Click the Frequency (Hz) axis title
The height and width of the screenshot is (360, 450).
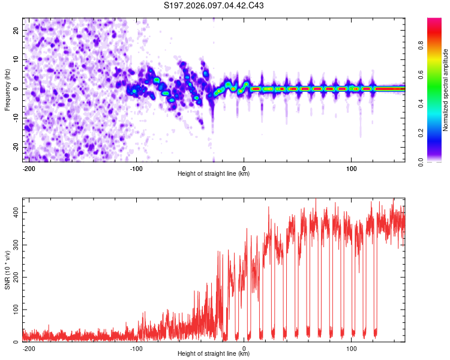(7, 89)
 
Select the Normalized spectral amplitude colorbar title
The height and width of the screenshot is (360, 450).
(445, 90)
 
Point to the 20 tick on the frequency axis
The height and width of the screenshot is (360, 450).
(16, 30)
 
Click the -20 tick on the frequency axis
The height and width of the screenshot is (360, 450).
(15, 147)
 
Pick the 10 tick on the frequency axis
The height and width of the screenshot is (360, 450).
(16, 59)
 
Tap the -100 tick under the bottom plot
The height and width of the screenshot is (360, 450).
(136, 347)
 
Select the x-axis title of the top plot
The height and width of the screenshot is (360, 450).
(214, 174)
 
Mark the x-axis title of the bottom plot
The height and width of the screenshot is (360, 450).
(214, 354)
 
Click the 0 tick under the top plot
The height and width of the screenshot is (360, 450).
(244, 167)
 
